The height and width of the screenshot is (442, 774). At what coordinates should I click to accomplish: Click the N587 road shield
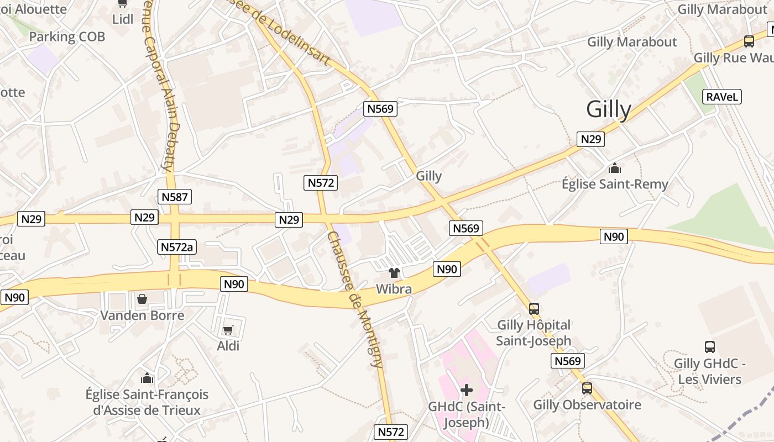click(175, 197)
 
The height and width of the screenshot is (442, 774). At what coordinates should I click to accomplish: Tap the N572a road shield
click(177, 247)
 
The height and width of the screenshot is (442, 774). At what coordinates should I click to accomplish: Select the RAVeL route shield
click(722, 97)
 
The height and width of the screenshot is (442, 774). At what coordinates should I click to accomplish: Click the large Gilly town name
click(608, 109)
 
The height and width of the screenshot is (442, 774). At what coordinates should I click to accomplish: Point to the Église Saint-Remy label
click(615, 184)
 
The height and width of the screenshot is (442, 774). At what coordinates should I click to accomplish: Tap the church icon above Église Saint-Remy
click(614, 168)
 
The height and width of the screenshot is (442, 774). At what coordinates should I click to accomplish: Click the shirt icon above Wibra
click(394, 272)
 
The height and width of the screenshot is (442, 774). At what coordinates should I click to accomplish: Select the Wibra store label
click(394, 289)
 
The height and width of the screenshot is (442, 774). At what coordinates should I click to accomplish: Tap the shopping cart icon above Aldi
click(228, 330)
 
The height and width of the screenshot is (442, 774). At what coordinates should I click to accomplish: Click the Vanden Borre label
click(142, 315)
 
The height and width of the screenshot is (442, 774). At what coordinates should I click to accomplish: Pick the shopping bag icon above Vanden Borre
click(142, 299)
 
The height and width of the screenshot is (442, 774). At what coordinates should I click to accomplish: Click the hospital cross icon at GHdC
click(467, 390)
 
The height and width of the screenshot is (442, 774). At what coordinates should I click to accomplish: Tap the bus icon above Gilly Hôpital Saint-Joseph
click(534, 308)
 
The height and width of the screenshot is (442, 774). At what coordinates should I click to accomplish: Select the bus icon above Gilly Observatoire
click(587, 388)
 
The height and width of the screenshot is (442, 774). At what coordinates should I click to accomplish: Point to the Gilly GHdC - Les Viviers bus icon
click(710, 347)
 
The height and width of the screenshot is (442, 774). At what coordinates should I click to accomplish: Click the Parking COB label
click(67, 37)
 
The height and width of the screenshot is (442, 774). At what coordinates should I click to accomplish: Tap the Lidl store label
click(123, 19)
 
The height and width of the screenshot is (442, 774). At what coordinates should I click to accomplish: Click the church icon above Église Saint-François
click(147, 378)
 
